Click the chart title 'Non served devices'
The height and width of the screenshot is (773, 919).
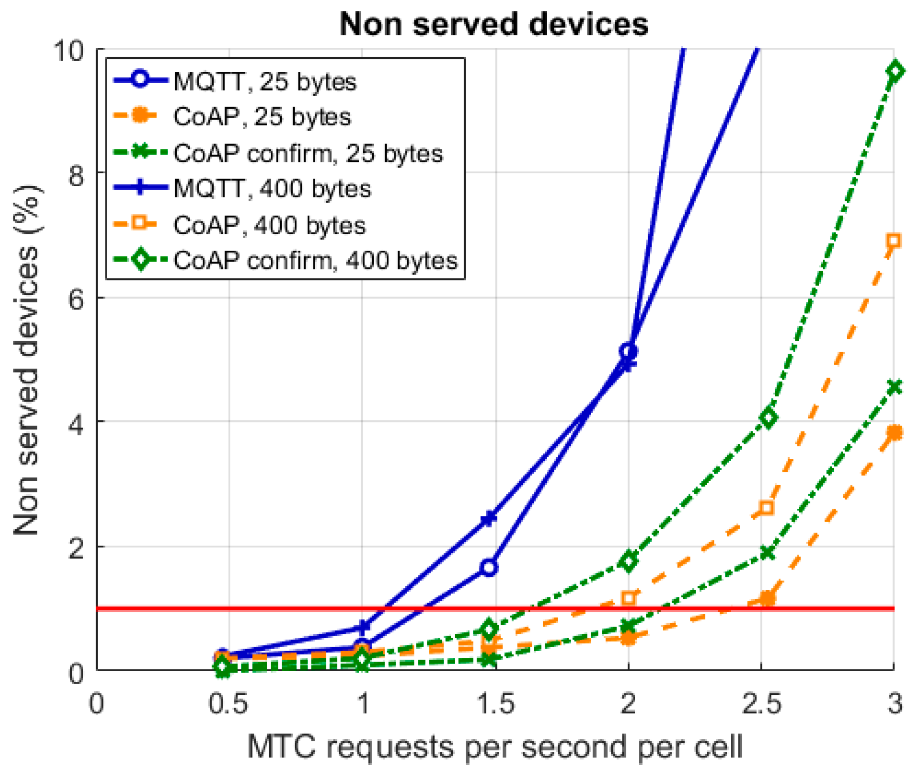pos(494,24)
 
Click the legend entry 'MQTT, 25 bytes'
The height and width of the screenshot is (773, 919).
pos(265,82)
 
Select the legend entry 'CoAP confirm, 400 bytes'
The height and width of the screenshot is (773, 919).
pos(315,260)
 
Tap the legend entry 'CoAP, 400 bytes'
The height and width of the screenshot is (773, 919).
pos(269,225)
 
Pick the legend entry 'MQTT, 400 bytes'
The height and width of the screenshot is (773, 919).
pos(272,189)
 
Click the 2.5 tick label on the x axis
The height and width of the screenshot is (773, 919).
pos(761,704)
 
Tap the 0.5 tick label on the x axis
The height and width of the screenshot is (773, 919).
pos(228,704)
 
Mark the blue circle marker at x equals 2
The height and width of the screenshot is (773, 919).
pos(628,351)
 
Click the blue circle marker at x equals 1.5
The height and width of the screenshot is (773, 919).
pos(489,567)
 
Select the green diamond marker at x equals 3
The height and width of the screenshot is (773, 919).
pos(895,71)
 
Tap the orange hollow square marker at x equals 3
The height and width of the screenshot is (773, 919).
pos(894,240)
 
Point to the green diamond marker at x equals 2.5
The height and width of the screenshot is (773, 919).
pos(768,417)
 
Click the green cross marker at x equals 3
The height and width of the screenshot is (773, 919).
pos(895,386)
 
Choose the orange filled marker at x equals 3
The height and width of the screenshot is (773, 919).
pos(895,432)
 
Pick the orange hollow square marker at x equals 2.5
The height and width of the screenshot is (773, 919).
pos(766,508)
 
